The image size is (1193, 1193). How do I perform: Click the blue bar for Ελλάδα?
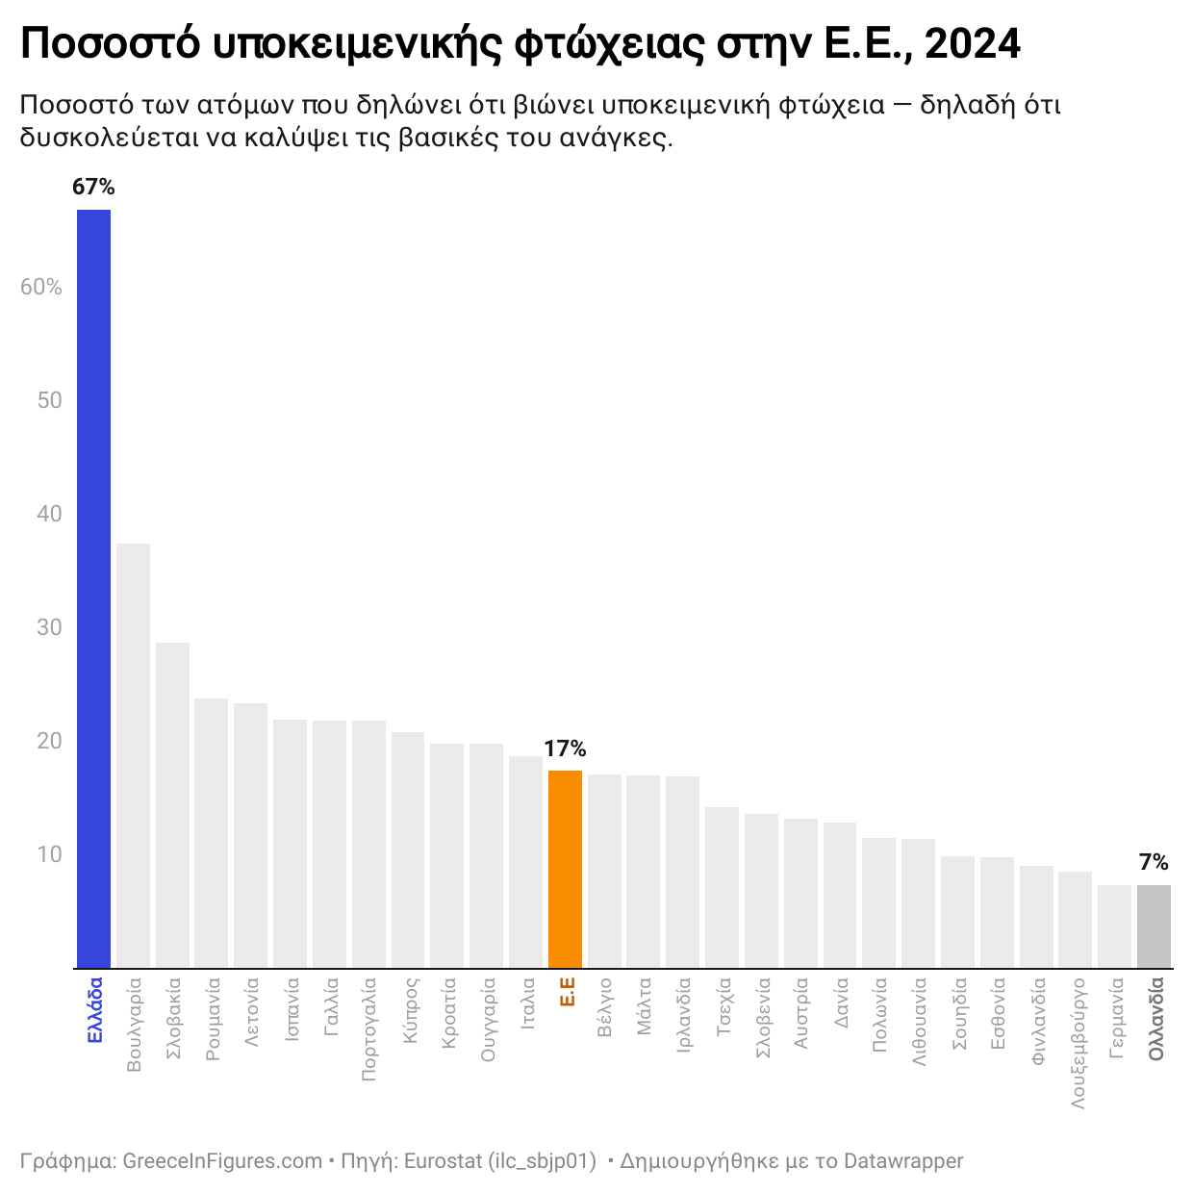pos(93,588)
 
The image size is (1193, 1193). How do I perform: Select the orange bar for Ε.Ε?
pos(565,868)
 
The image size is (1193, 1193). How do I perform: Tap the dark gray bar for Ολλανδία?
pos(1154,926)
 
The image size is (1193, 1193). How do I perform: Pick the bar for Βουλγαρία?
pos(133,755)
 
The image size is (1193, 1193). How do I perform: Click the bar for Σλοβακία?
pos(172,804)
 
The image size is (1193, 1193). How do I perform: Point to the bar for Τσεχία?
pos(722,886)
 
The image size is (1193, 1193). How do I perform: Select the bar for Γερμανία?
pos(1114,926)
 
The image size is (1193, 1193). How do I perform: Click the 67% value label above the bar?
pos(93,188)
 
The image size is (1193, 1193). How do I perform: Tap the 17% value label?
pos(565,749)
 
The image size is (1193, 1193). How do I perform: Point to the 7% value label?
pos(1154,862)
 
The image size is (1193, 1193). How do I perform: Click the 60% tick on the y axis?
pos(41,287)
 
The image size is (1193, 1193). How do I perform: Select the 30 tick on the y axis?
pos(49,627)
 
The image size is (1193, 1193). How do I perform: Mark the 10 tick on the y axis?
pos(49,854)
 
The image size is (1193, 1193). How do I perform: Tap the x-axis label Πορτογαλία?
pos(369,1029)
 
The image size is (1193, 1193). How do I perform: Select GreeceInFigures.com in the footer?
pos(222,1161)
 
